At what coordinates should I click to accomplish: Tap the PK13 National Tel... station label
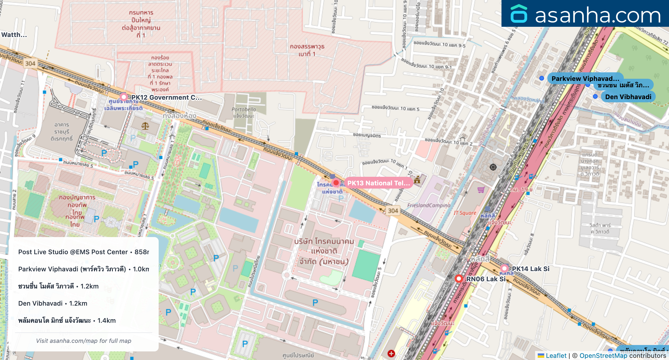point(378,183)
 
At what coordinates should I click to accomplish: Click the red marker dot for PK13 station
point(336,183)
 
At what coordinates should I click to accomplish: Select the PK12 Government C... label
point(166,97)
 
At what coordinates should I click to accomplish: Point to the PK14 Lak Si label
point(530,269)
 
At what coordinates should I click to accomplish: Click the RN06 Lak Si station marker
point(459,279)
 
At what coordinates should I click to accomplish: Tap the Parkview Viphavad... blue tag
point(585,78)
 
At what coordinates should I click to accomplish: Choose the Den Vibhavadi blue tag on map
point(628,97)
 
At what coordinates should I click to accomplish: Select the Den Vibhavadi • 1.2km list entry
point(53,303)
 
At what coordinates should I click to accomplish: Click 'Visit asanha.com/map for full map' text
point(84,341)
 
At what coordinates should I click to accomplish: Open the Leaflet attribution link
point(556,355)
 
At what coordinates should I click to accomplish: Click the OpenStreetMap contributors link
point(603,355)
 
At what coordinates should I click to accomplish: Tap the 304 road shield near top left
point(30,63)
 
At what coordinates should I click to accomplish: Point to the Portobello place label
point(244,109)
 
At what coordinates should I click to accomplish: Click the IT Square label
point(465,213)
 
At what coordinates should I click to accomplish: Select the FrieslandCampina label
point(429,205)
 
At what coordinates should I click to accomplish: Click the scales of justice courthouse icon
point(145,126)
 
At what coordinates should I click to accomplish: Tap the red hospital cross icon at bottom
point(391,353)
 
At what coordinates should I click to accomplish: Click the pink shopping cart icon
point(481,190)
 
